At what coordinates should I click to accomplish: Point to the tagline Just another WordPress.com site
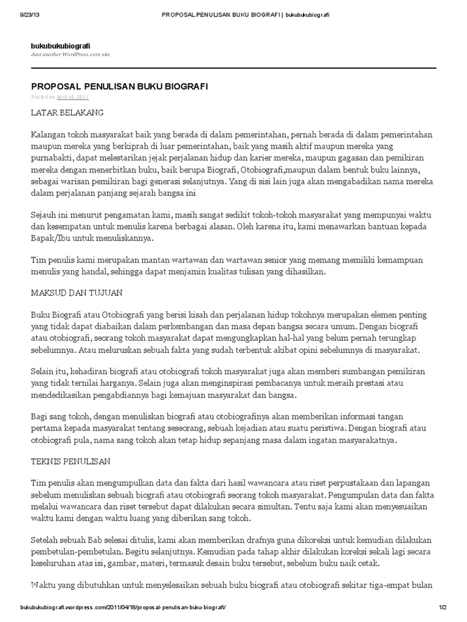[71, 55]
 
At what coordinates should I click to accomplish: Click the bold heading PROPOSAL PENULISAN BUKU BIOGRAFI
[119, 86]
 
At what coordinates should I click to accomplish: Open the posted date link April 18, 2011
[73, 97]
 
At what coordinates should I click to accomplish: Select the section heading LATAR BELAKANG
[67, 112]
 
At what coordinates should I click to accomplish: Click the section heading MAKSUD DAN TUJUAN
[77, 292]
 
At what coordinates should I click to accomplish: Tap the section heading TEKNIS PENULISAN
[71, 461]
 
